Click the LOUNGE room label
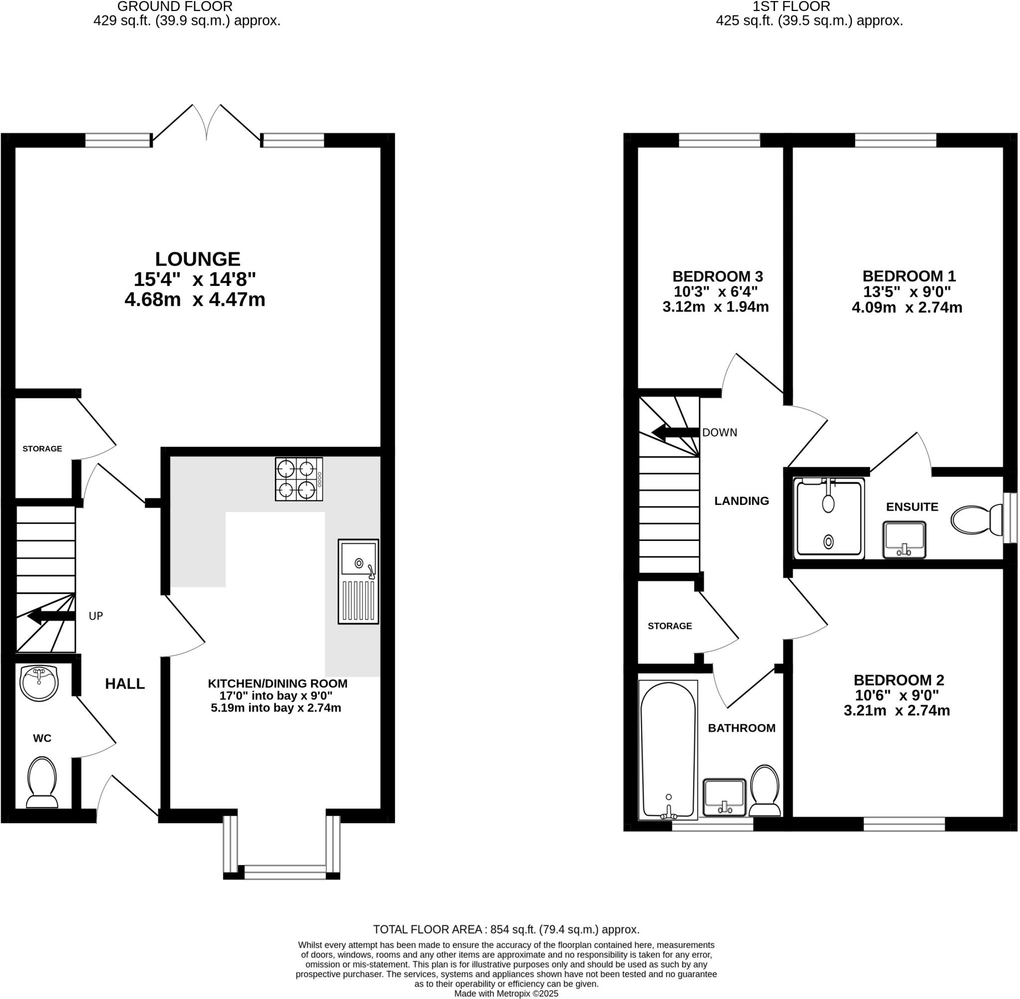coord(197,259)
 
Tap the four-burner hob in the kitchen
coord(298,479)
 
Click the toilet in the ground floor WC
coord(41,782)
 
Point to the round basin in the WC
coord(39,683)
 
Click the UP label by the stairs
coord(96,616)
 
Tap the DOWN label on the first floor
coord(719,432)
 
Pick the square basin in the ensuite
coord(904,539)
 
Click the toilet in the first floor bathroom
coord(765,791)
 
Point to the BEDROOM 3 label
coord(717,276)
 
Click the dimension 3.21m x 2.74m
coord(896,711)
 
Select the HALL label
coord(125,684)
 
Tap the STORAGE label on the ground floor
coord(42,449)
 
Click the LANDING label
coord(742,500)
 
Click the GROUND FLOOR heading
coord(175,7)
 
